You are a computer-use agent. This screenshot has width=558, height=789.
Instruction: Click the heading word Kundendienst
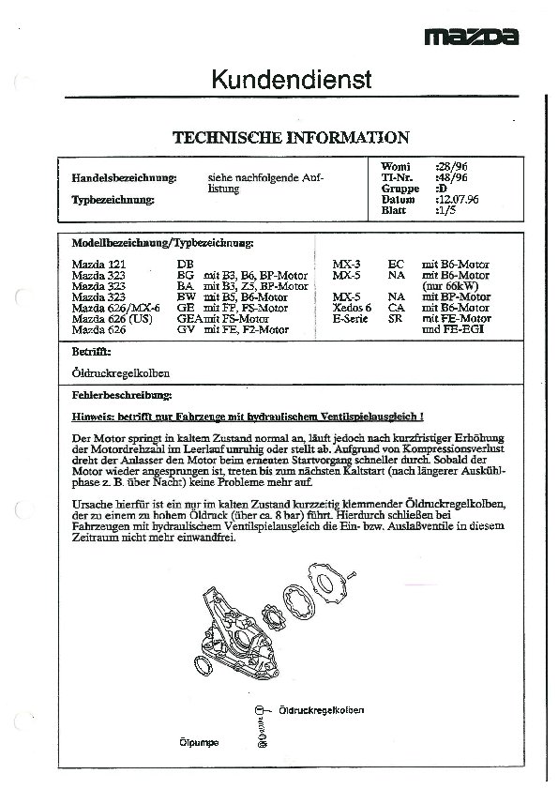click(x=291, y=80)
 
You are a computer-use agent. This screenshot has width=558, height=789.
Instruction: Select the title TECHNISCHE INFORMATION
click(x=291, y=137)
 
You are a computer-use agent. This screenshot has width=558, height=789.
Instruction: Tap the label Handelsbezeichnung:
click(x=125, y=177)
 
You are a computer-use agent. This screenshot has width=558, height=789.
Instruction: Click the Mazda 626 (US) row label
click(x=111, y=319)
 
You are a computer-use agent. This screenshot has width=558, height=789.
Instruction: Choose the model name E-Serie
click(x=350, y=319)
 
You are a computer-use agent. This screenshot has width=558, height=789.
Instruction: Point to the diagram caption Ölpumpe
click(x=199, y=742)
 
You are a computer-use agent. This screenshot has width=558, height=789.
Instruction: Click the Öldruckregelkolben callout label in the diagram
click(x=322, y=710)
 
